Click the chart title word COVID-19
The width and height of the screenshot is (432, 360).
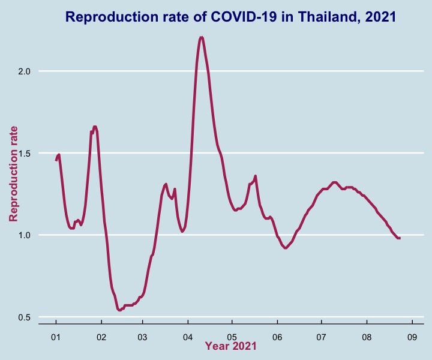click(x=244, y=17)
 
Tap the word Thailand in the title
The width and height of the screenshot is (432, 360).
click(x=328, y=17)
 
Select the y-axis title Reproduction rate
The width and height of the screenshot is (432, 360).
click(x=13, y=174)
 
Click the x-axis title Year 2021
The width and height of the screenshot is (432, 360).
click(x=230, y=346)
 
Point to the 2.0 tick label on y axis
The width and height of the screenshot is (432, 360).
click(x=24, y=71)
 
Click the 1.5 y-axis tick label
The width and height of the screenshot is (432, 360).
click(x=24, y=154)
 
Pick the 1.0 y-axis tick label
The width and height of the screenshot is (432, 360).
click(x=24, y=235)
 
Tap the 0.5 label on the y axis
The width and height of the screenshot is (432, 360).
click(x=24, y=317)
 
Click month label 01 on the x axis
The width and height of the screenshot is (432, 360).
click(x=56, y=337)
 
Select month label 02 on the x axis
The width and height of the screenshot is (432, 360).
click(x=101, y=337)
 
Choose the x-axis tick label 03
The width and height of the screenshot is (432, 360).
click(x=142, y=337)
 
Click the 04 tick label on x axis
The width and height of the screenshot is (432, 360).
click(x=188, y=337)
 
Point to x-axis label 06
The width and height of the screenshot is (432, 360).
click(x=277, y=337)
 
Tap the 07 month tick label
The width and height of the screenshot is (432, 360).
click(x=321, y=337)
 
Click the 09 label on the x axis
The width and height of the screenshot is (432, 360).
click(x=412, y=337)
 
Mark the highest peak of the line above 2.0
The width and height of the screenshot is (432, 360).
click(x=202, y=37)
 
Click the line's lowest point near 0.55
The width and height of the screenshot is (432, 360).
click(x=119, y=310)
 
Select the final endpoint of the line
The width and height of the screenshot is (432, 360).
click(x=400, y=238)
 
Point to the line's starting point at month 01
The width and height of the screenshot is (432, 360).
click(x=56, y=161)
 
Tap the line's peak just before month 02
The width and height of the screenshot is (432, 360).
click(x=95, y=127)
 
